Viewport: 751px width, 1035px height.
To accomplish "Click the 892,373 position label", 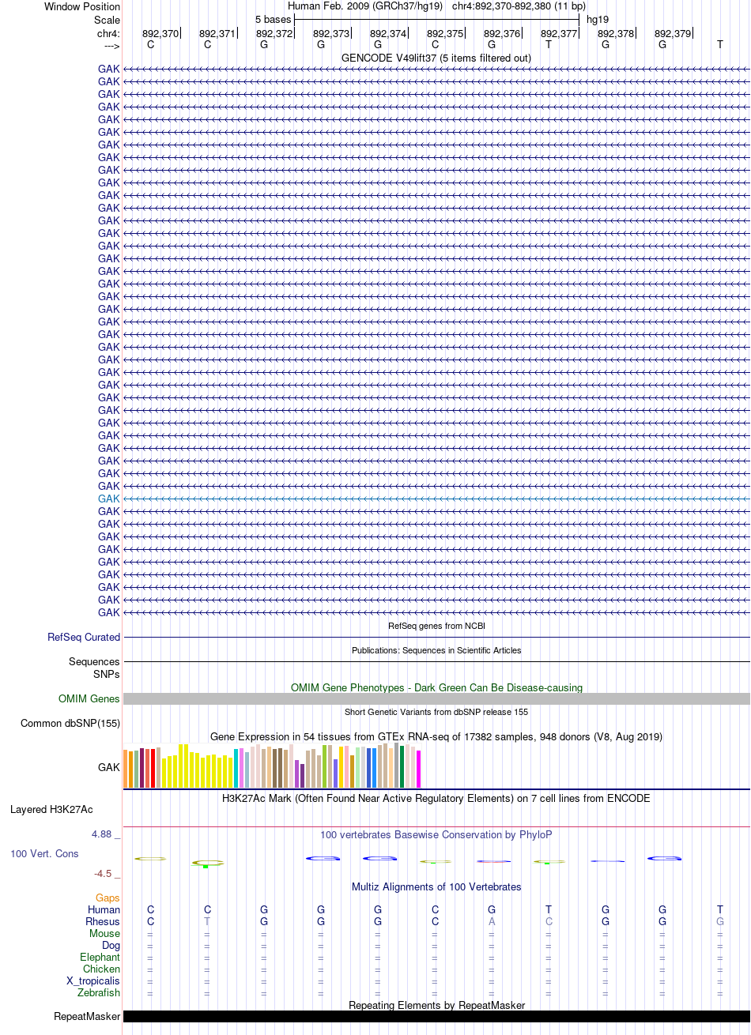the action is click(x=331, y=34).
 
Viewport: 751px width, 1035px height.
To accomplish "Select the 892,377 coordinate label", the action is click(x=559, y=34).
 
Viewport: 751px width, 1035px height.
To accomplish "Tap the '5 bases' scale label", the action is click(x=273, y=20).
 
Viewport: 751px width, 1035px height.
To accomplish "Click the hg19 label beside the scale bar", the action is click(x=598, y=20).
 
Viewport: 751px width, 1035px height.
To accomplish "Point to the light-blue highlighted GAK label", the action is click(x=108, y=499).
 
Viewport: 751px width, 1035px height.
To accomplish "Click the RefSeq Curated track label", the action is click(x=84, y=637).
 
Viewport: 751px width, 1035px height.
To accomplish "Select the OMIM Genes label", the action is click(x=89, y=698).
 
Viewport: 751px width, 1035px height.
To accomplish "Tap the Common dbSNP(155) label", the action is click(x=70, y=723).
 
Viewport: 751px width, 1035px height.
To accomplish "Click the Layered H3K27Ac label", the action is click(x=51, y=810).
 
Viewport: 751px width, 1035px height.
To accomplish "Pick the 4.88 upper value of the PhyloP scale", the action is click(x=101, y=834).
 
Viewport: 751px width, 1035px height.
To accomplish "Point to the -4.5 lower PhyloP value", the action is click(x=103, y=873).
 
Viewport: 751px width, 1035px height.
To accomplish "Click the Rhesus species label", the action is click(x=102, y=921).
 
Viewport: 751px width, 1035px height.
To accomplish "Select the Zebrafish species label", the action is click(x=99, y=992).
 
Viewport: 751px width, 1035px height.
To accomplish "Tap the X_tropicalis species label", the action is click(x=93, y=980).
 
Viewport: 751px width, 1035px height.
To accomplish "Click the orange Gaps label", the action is click(x=108, y=898).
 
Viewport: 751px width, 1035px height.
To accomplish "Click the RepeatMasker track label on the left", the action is click(x=87, y=1016).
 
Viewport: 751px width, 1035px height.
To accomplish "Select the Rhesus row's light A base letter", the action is click(x=492, y=921).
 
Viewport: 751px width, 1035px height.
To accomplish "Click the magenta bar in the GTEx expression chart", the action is click(x=418, y=769).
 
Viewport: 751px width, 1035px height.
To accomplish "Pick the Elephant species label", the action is click(x=100, y=957).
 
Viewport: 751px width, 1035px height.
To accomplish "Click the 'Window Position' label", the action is click(x=82, y=6).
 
